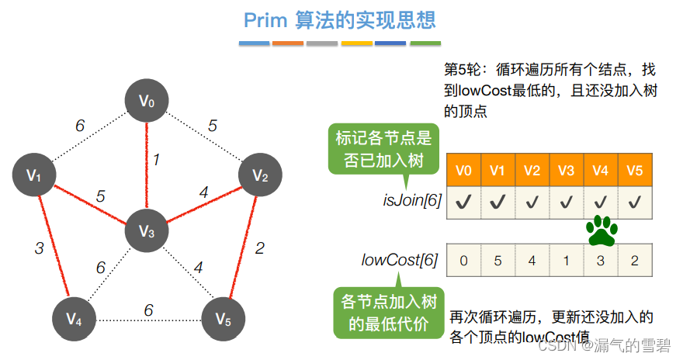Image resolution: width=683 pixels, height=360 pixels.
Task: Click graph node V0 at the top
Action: pos(147,101)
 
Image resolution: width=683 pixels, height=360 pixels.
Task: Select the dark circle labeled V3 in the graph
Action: pos(147,230)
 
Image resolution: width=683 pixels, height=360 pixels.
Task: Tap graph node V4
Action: pos(74,318)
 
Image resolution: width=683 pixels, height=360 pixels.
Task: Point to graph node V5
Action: pos(223,318)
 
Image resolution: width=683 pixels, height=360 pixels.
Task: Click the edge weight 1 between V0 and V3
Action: pos(156,161)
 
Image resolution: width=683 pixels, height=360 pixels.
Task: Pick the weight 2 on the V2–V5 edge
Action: pos(260,248)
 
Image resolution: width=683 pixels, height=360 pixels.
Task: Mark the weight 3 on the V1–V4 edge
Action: pos(39,248)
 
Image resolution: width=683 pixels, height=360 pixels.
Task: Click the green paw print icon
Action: pos(600,230)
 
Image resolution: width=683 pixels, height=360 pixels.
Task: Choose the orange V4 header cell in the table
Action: pos(600,170)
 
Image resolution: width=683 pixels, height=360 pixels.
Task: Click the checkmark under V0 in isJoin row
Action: pos(463,202)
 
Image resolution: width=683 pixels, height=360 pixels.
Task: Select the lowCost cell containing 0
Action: pos(463,260)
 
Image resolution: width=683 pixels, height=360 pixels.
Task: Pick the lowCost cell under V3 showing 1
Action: pos(566,260)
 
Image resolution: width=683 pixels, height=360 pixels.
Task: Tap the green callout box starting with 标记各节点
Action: pos(383,148)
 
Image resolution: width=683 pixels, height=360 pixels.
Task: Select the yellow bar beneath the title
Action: pos(357,43)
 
